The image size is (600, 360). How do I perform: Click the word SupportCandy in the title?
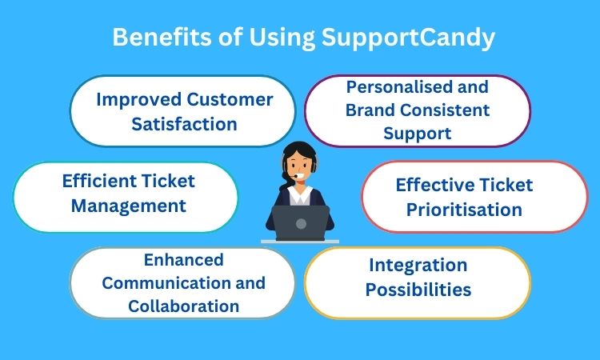[x=408, y=38]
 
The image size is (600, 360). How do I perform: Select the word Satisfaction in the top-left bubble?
[x=185, y=124]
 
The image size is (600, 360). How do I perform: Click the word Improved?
[x=138, y=100]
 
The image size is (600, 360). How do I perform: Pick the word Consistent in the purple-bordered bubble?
[x=446, y=110]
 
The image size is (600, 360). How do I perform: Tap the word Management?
[x=129, y=206]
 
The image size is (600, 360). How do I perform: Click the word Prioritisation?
[x=464, y=210]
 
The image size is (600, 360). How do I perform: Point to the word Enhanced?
[x=184, y=260]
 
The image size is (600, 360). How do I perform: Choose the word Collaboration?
[x=184, y=306]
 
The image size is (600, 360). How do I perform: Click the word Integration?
[x=418, y=266]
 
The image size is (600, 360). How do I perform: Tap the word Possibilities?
[x=418, y=290]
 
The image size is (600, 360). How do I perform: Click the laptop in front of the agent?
[x=300, y=223]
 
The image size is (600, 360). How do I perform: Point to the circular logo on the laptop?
[x=301, y=224]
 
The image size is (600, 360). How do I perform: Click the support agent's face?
[x=299, y=167]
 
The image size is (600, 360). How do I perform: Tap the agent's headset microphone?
[x=296, y=176]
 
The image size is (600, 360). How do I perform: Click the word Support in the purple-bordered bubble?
[x=417, y=134]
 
